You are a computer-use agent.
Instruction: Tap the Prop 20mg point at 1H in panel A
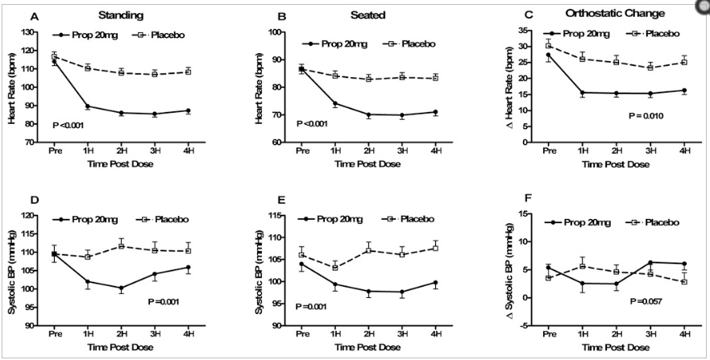tap(87, 106)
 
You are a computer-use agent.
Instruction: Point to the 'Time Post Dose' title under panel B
tap(370, 163)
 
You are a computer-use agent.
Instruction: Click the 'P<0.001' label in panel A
tap(67, 126)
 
